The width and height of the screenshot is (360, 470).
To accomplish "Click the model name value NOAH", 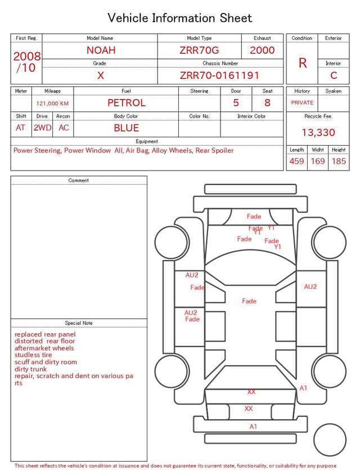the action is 101,50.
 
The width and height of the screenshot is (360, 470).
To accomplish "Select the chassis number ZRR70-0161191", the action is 219,75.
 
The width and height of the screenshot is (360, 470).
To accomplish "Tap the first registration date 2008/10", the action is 26,62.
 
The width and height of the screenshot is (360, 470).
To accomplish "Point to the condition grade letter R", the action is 303,63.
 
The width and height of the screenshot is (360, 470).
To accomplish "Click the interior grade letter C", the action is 334,75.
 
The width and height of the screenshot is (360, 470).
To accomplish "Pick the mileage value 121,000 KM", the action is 52,104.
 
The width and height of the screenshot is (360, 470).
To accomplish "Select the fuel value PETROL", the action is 127,103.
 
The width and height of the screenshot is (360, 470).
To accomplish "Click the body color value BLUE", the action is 127,128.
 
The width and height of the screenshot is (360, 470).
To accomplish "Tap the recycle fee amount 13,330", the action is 318,132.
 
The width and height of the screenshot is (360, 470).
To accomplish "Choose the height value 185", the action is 339,161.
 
